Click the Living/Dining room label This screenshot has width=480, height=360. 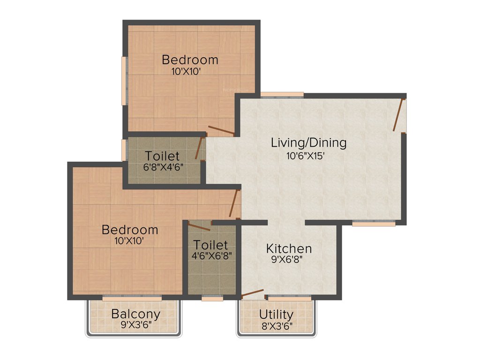[308, 143]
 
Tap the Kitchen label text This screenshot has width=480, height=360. [289, 248]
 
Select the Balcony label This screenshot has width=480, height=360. [135, 314]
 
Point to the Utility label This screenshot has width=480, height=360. [276, 314]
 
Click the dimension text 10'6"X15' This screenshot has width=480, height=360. [306, 156]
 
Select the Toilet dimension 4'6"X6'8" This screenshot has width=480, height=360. [210, 255]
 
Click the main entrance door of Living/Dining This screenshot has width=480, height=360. [398, 115]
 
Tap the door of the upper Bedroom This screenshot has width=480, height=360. [221, 131]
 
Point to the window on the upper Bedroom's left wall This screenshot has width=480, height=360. [124, 81]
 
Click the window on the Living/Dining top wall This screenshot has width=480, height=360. [282, 95]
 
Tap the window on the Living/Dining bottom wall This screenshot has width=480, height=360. [374, 224]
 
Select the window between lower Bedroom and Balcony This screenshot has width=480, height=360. [132, 297]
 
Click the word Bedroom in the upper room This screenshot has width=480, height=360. [190, 60]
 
